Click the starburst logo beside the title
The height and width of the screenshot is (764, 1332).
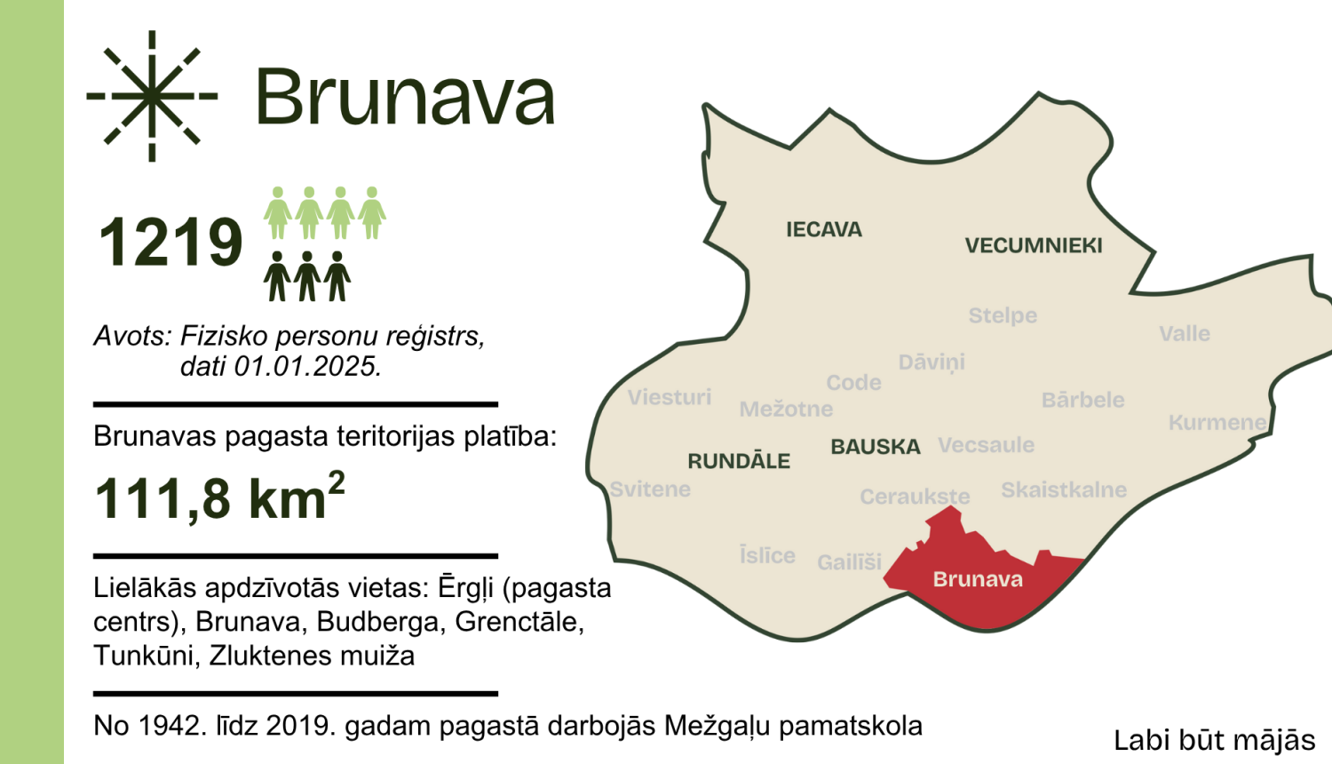[152, 96]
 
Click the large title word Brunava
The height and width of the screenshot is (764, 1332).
[405, 97]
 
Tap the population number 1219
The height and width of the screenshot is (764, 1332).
[170, 243]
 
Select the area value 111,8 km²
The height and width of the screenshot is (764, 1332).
[219, 497]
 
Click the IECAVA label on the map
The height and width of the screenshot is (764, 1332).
[823, 230]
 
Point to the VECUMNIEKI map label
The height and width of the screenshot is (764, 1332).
[1034, 246]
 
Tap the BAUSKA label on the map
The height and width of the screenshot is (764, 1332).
[875, 447]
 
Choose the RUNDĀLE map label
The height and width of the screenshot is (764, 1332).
[739, 461]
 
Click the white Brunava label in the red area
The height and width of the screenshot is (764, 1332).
[978, 580]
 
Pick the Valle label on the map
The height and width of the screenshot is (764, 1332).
[1185, 334]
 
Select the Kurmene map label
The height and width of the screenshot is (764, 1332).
[1217, 423]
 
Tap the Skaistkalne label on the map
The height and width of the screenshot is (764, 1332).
[1064, 490]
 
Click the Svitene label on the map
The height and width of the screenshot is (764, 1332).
[650, 489]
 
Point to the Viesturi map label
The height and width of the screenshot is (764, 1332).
[670, 397]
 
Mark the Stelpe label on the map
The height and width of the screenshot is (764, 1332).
[1003, 315]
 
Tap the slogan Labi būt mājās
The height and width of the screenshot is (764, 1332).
[1214, 740]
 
